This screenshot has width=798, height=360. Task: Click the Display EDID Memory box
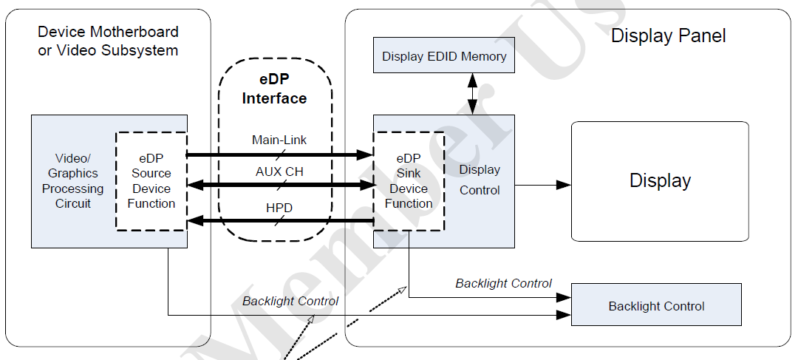point(444,56)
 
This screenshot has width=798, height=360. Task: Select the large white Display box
point(660,181)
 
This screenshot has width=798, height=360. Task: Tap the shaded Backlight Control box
point(656,305)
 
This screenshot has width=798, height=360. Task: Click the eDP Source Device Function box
point(151,181)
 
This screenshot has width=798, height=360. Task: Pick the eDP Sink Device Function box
point(408,181)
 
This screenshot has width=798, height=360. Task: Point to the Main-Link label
point(279,140)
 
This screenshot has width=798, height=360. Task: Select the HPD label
point(278,208)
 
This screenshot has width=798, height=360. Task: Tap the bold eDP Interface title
point(274,89)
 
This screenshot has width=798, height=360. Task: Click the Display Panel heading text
point(668,35)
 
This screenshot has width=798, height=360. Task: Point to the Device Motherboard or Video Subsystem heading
point(108,41)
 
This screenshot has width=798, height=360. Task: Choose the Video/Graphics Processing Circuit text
point(73,181)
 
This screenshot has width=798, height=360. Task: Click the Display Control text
point(480,180)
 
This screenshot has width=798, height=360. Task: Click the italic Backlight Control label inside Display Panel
point(503,283)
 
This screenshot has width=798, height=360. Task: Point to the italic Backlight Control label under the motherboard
point(290,301)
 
